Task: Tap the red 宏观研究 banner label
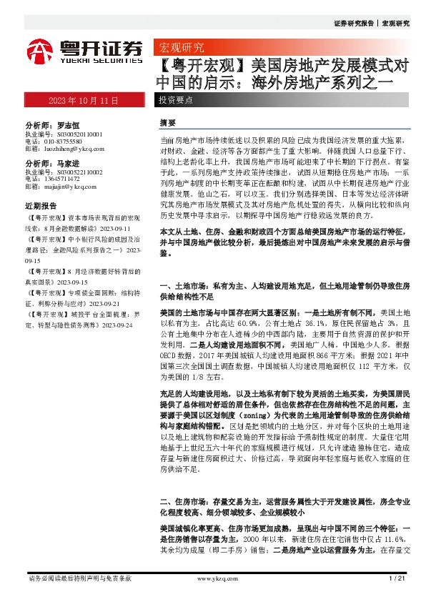(x=179, y=48)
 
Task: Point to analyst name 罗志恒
(x=66, y=124)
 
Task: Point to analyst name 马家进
(x=66, y=163)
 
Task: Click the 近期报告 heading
(x=40, y=204)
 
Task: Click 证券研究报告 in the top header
(x=353, y=23)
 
